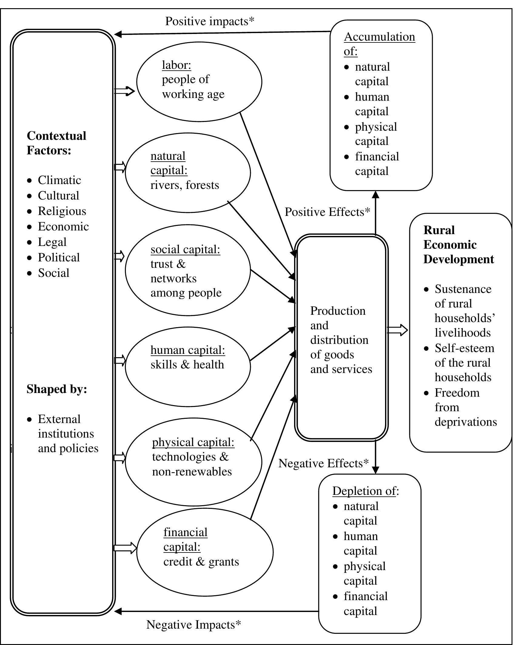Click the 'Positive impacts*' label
pos(210,22)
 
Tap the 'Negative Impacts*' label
pos(193,625)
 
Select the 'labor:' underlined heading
pos(176,65)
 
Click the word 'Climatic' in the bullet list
pos(59,180)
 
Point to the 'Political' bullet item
pos(59,257)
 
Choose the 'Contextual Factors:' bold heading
pos(56,143)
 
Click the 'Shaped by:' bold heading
pos(57,389)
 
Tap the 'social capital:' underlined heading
pos(185,249)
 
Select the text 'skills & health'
pos(187,364)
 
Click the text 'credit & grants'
pos(201,562)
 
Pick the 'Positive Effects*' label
pos(327,212)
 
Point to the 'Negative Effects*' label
pos(324,463)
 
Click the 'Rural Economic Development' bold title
pos(458,245)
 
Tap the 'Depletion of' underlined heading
pos(364,491)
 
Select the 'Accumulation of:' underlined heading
pos(379,44)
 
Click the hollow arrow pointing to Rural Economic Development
pos(398,330)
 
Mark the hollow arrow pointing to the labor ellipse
pos(125,91)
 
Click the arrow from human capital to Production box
pos(273,344)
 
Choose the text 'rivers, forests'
pos(184,185)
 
